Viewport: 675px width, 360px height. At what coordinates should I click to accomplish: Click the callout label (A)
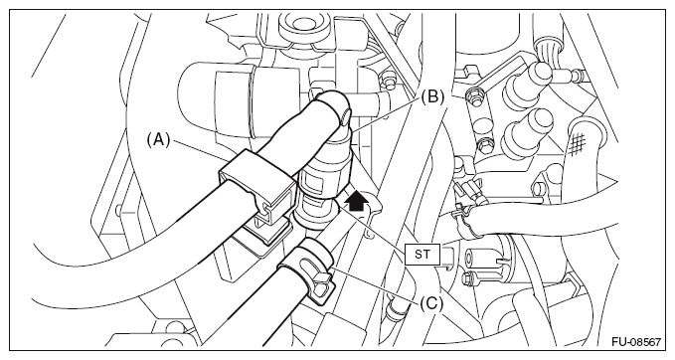(x=158, y=140)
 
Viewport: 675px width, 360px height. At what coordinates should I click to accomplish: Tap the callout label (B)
(x=432, y=96)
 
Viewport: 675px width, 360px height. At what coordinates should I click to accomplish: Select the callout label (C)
(x=431, y=304)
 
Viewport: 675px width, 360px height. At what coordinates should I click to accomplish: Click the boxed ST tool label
(x=422, y=254)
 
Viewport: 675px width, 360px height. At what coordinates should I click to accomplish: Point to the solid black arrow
(x=357, y=201)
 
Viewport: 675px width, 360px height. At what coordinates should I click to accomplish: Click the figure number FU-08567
(x=636, y=342)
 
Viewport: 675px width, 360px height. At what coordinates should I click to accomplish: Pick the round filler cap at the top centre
(x=303, y=29)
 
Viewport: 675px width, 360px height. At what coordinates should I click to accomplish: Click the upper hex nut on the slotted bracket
(x=475, y=93)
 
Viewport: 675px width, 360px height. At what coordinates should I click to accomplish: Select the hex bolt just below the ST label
(x=470, y=279)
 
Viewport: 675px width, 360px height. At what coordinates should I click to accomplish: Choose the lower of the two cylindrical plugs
(x=528, y=132)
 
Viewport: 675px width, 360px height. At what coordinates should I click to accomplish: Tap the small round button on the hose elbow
(x=346, y=117)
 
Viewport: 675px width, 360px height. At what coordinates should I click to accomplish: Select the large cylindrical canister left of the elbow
(x=216, y=99)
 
